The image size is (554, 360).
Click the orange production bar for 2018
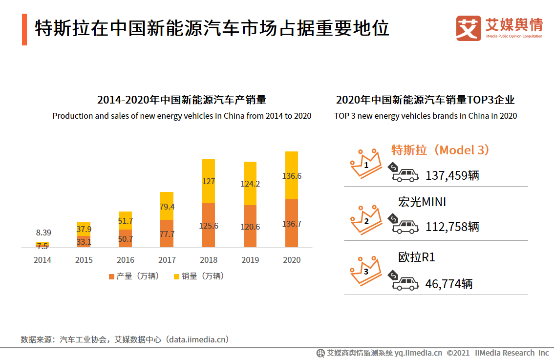point(209,225)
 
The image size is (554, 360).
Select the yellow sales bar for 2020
point(292,175)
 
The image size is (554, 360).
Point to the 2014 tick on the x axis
point(43,260)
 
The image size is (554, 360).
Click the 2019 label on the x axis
point(250,260)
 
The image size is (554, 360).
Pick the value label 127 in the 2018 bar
point(209,181)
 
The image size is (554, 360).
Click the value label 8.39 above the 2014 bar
point(43,233)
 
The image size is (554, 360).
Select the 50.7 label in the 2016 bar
point(125,239)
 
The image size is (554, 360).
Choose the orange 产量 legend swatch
point(111,276)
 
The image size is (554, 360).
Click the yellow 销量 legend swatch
point(176,276)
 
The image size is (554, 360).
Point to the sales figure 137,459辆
point(452,175)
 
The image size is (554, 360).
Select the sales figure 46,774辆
point(449,284)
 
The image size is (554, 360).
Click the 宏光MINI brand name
point(422,202)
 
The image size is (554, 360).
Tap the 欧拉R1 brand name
point(416,257)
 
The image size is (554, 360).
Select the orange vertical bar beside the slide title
point(24,29)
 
